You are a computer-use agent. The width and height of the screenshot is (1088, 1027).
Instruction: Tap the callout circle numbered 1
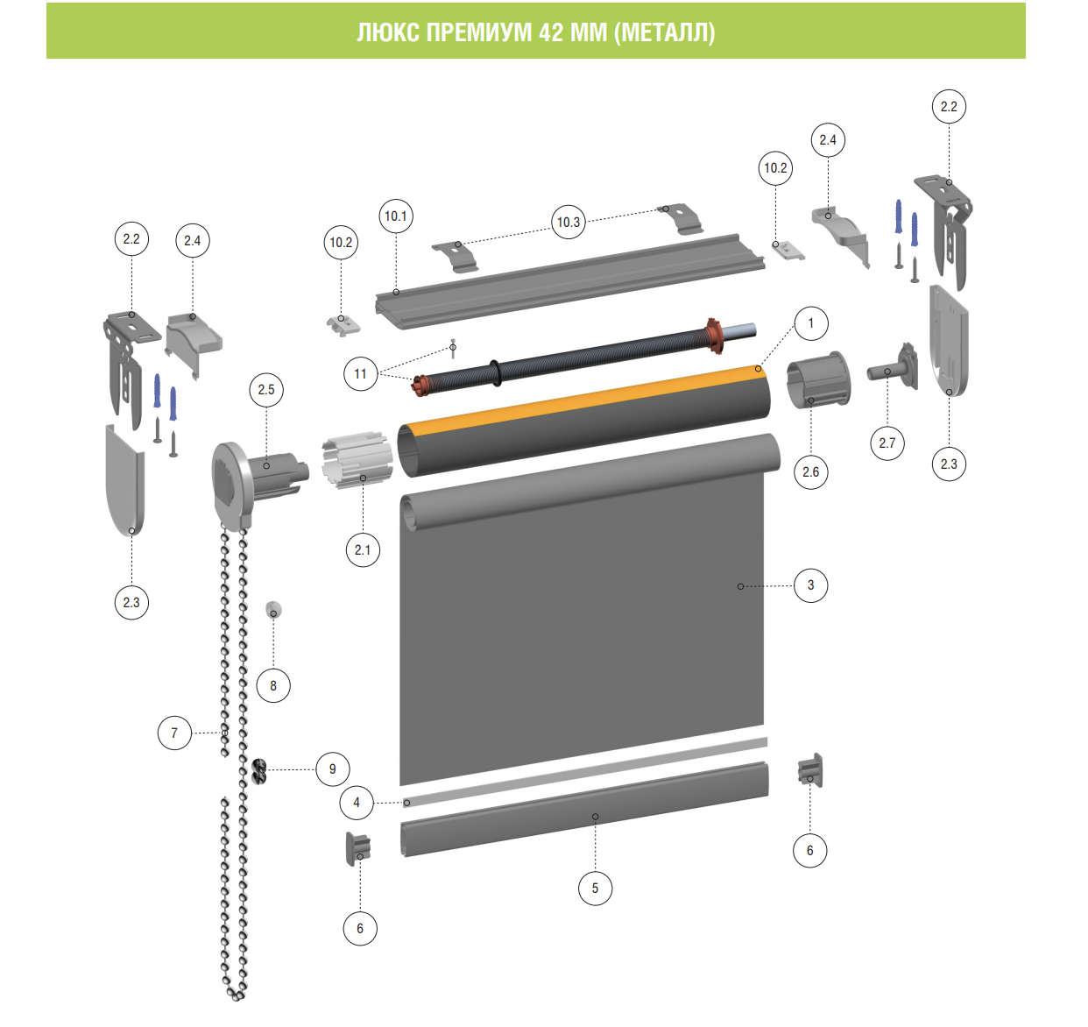point(811,323)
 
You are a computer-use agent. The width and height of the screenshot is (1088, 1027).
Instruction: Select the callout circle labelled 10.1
point(396,216)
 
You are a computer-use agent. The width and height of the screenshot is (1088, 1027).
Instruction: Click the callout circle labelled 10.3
point(569,222)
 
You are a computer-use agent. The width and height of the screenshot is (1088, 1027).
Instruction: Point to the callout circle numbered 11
point(360,374)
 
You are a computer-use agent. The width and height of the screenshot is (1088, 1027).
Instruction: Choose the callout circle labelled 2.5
point(266,390)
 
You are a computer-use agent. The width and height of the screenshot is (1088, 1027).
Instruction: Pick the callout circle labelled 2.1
point(363,549)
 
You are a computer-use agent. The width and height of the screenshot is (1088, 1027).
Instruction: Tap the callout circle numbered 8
point(273,685)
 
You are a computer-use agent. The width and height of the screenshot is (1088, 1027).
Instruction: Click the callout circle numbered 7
point(174,733)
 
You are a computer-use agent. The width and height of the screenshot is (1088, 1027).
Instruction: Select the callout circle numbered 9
point(333,768)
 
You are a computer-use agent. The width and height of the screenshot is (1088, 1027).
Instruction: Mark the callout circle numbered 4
point(357,803)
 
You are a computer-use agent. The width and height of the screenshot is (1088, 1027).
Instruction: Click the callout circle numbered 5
point(595,889)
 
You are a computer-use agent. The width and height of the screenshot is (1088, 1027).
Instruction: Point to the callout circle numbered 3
point(811,585)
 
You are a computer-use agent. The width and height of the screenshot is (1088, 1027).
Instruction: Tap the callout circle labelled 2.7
point(887,443)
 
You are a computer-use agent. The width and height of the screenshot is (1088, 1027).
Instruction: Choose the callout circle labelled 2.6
point(811,471)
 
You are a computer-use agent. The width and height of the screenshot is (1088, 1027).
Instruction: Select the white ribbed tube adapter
point(357,460)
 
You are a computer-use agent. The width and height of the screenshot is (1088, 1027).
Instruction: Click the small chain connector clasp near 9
point(258,771)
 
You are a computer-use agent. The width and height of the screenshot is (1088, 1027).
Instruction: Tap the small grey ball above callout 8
point(273,609)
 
